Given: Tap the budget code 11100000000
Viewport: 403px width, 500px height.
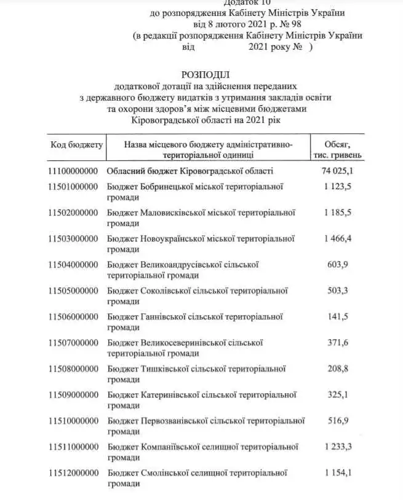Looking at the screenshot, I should coord(73,171).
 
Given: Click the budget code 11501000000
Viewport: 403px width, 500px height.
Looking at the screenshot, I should coord(73,187).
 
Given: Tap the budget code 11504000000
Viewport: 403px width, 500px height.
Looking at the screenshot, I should coord(73,264).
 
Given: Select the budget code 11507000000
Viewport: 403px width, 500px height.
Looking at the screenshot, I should coord(73,342).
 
